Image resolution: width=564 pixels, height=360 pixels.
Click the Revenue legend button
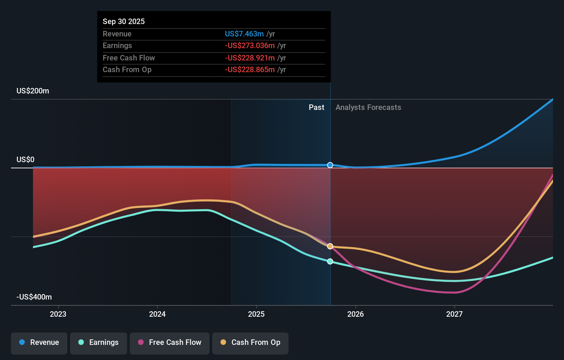[39, 342]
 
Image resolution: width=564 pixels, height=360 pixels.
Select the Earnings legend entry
[99, 342]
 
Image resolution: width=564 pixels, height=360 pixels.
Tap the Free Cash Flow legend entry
[170, 342]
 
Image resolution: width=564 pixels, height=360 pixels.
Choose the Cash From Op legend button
[250, 342]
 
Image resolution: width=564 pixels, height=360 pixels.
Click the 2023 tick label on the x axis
[58, 314]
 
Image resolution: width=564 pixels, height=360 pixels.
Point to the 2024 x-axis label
[157, 314]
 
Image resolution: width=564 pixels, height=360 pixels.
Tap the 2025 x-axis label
[256, 314]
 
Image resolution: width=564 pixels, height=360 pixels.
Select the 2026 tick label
[356, 314]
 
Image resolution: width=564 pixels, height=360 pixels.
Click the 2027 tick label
[454, 314]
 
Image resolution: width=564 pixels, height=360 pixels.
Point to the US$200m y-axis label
[33, 91]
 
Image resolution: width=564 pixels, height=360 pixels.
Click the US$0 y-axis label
[25, 160]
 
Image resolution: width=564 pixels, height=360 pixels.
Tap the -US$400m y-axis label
[34, 297]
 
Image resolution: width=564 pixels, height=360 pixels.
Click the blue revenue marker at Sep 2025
[330, 165]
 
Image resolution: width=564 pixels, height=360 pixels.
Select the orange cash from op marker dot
[330, 246]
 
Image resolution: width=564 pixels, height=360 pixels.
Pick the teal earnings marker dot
[330, 261]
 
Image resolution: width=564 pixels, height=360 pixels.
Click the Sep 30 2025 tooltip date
[124, 21]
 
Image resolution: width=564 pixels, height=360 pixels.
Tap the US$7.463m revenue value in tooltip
[244, 34]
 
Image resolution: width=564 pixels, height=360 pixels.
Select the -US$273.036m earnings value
[250, 46]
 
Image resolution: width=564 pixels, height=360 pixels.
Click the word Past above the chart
[316, 108]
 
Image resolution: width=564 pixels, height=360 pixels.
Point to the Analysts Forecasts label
[368, 108]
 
